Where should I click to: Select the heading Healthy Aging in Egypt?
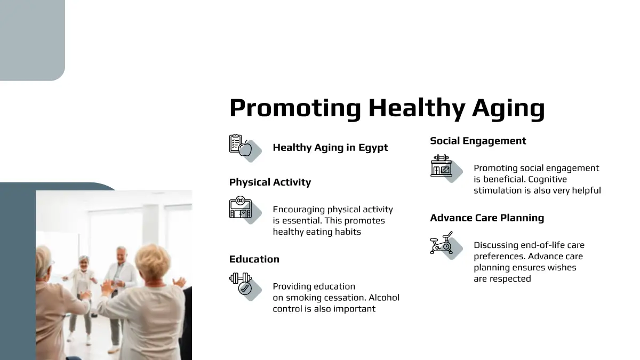(330, 148)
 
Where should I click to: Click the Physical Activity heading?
(270, 182)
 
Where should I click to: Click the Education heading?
(254, 259)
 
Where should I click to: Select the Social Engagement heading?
(478, 141)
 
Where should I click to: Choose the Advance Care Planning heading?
(487, 218)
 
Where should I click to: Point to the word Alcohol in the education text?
(384, 298)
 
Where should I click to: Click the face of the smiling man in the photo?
(121, 255)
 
